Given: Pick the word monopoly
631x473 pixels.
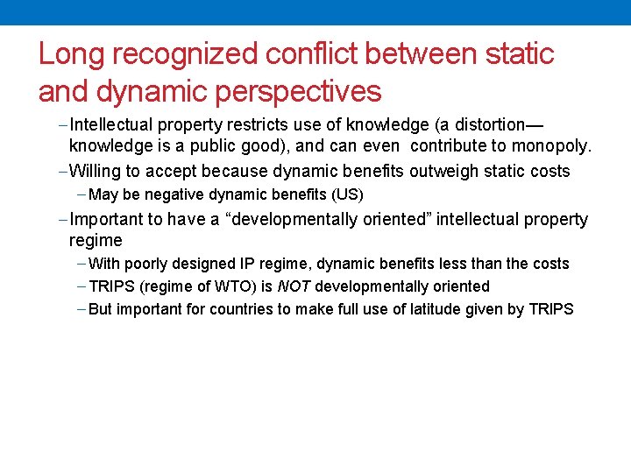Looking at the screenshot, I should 554,145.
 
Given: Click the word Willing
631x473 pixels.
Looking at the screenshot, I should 96,171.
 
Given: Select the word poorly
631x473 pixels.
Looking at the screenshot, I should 151,264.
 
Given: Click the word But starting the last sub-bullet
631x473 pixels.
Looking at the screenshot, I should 101,309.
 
